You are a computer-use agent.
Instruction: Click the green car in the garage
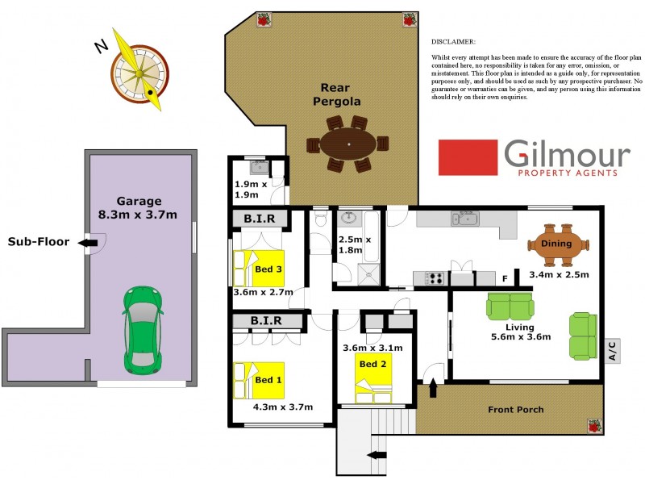(x=142, y=331)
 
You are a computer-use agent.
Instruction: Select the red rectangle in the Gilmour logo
(x=468, y=157)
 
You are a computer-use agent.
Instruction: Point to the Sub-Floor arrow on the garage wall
(x=90, y=242)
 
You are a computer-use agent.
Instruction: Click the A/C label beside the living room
(x=611, y=351)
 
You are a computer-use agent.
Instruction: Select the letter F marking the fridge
(x=504, y=279)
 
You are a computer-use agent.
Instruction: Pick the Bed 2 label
(x=373, y=364)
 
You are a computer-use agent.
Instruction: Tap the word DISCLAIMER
(x=454, y=40)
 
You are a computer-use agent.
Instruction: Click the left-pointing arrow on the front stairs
(x=377, y=456)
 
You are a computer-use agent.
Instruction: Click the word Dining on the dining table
(x=556, y=244)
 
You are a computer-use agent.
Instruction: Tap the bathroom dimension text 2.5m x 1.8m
(x=354, y=245)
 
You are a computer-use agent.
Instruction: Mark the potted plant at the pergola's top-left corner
(x=263, y=20)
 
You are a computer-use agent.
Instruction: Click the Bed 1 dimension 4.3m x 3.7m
(x=282, y=407)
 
